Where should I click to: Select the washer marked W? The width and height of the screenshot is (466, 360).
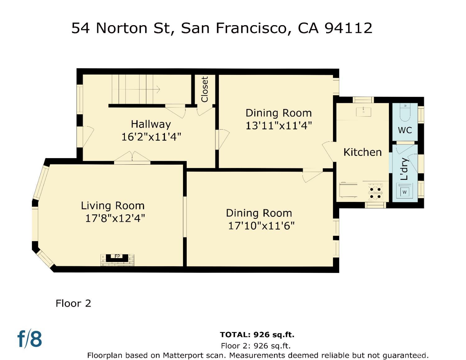(404, 192)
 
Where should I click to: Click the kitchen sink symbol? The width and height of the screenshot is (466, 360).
(363, 111)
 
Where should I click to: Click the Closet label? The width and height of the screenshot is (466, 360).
(204, 89)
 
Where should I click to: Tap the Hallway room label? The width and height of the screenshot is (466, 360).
(151, 124)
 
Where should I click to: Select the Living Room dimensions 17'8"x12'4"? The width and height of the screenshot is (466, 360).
(115, 218)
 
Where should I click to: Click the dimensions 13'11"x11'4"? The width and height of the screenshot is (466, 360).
(279, 126)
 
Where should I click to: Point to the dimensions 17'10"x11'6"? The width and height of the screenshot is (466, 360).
(261, 226)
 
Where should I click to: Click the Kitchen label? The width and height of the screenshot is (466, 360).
(362, 152)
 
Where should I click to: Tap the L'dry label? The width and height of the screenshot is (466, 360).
(404, 169)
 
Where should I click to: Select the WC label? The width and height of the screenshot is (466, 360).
(405, 130)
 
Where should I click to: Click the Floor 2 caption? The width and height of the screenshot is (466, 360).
(73, 303)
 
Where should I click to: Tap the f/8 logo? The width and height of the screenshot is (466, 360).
(30, 339)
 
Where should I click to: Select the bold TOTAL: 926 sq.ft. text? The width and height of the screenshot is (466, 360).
(257, 335)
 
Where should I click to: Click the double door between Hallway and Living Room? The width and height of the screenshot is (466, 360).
(132, 158)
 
